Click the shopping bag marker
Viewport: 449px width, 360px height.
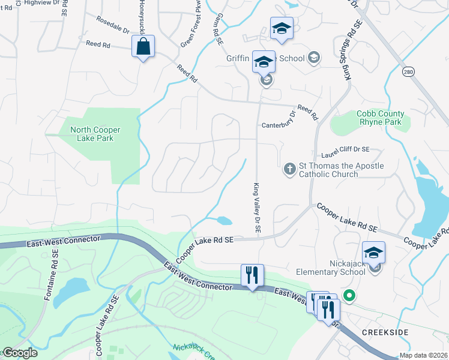coord(143,47)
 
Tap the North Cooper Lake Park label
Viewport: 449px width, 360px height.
coord(95,134)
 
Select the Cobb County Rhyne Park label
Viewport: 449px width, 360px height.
coord(380,118)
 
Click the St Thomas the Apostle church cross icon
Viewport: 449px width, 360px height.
coord(289,169)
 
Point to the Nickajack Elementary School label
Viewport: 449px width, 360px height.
coord(331,267)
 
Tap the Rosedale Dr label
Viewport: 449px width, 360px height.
coord(113,25)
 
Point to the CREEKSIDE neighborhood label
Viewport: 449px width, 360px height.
coord(386,331)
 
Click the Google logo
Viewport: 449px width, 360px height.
coord(20,353)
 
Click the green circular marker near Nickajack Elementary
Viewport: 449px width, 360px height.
coord(349,295)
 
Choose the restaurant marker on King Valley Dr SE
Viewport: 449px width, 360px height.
coord(252,275)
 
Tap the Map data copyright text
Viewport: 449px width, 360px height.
coord(424,355)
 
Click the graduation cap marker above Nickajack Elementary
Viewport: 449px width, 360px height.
coord(373,253)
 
